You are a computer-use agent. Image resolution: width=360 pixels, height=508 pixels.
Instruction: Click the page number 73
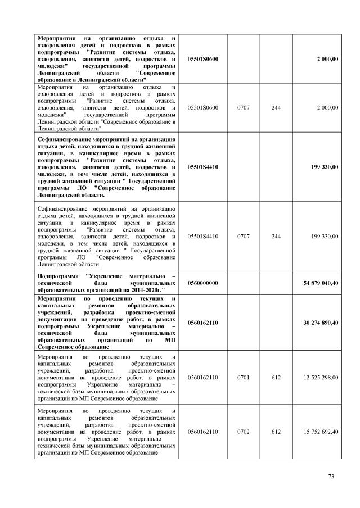tap(331, 477)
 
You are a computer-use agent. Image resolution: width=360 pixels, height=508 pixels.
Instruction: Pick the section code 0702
tap(244, 431)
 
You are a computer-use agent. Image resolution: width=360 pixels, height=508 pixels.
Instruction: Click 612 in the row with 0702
tap(276, 431)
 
